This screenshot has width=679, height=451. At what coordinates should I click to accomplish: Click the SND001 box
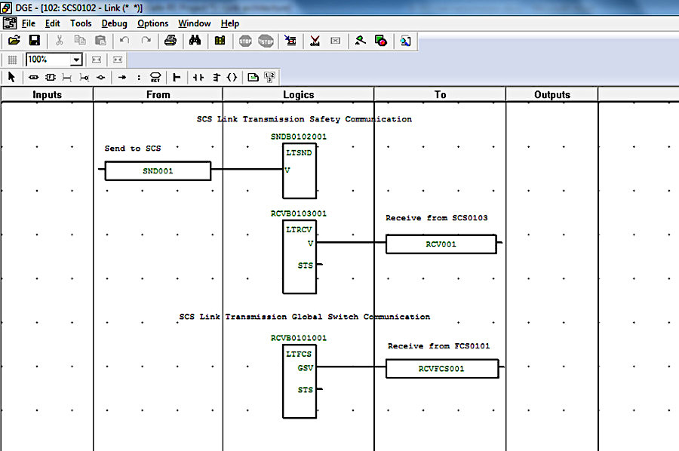(158, 171)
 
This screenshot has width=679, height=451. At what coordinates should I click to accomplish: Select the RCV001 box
(441, 244)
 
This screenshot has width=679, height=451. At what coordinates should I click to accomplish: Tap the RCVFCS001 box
(442, 369)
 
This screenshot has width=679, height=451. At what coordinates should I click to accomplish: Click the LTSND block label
(299, 153)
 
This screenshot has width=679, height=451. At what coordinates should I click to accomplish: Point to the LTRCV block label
(299, 229)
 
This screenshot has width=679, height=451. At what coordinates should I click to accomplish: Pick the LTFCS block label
(299, 354)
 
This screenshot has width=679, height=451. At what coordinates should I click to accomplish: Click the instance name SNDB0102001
(299, 137)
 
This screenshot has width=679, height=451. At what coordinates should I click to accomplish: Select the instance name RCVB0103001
(299, 213)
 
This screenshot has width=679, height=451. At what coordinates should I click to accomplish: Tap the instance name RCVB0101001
(299, 338)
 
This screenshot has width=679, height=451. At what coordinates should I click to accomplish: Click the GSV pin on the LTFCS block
(306, 368)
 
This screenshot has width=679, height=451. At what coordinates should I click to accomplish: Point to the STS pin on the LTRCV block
(306, 265)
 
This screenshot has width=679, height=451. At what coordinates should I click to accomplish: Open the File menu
(29, 23)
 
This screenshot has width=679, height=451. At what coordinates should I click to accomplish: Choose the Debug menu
(115, 23)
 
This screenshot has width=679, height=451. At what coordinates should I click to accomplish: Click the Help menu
(230, 23)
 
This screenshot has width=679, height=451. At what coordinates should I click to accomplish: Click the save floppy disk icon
(34, 41)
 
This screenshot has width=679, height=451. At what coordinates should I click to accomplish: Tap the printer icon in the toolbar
(171, 41)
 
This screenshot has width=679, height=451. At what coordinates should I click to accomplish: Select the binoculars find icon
(195, 41)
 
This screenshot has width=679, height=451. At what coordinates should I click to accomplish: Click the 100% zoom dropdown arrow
(76, 60)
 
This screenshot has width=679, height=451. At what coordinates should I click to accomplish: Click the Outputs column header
(552, 95)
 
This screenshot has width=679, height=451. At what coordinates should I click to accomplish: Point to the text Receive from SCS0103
(437, 218)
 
